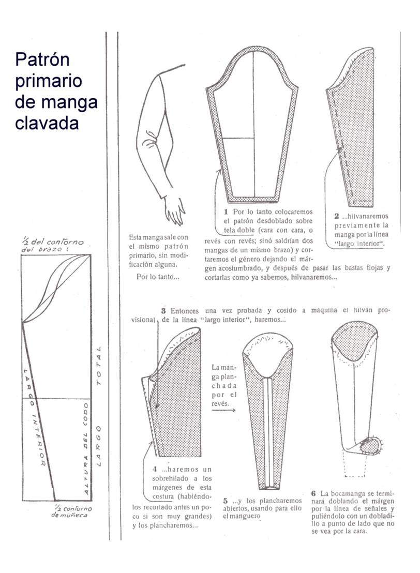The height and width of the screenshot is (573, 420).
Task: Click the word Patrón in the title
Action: click(42, 60)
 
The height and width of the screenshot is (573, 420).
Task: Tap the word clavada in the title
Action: click(47, 124)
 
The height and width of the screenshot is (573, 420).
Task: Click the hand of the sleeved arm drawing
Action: click(174, 209)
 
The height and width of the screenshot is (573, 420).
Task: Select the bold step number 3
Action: click(163, 311)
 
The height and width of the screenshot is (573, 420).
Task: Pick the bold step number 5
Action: click(226, 501)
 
